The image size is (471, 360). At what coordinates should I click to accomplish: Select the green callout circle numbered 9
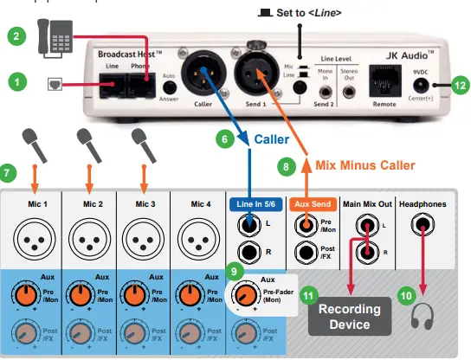[231, 269]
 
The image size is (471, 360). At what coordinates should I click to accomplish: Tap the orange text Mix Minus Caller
[363, 164]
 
